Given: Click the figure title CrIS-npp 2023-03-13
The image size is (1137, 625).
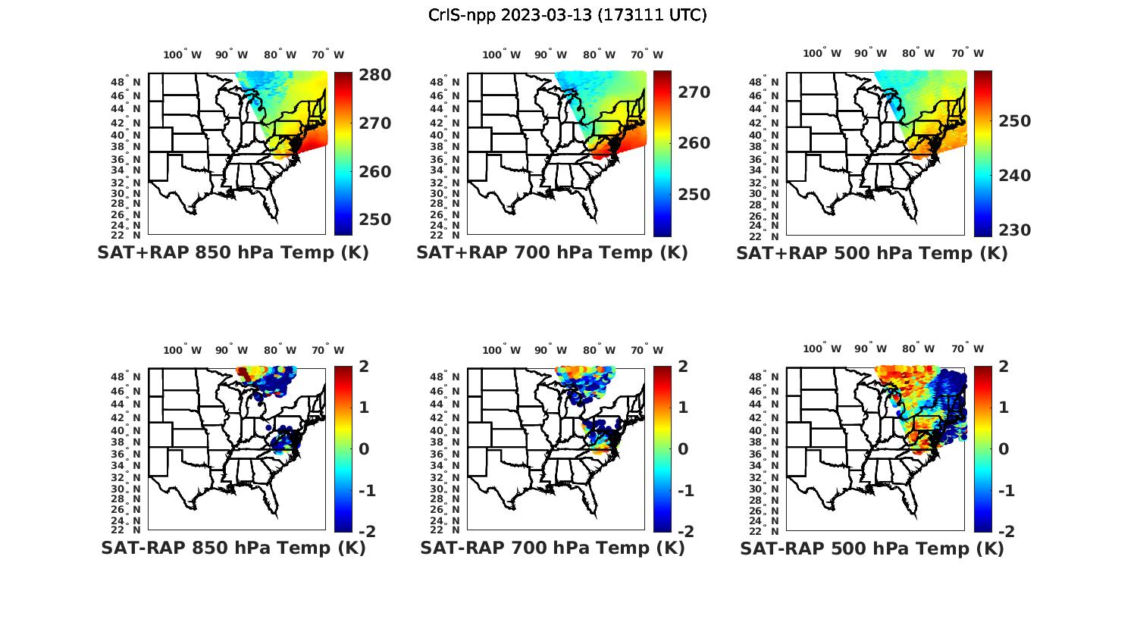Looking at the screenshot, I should [568, 15].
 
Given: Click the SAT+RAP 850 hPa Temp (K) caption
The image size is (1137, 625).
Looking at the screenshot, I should [233, 253].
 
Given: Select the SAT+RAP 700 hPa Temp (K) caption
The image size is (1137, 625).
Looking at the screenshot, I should [552, 253].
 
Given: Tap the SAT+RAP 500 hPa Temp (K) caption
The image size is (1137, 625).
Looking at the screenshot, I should [872, 253].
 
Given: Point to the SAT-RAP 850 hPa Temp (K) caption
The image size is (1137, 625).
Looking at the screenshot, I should [233, 548].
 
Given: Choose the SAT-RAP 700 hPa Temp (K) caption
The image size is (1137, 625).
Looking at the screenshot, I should [552, 548].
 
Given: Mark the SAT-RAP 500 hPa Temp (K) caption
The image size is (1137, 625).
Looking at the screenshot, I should [872, 548].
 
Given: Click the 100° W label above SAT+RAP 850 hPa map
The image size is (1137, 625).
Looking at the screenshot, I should [183, 55].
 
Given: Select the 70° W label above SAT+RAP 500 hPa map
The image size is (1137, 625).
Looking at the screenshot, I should [968, 53].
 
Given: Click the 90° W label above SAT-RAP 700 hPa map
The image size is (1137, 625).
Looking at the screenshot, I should [550, 350].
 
